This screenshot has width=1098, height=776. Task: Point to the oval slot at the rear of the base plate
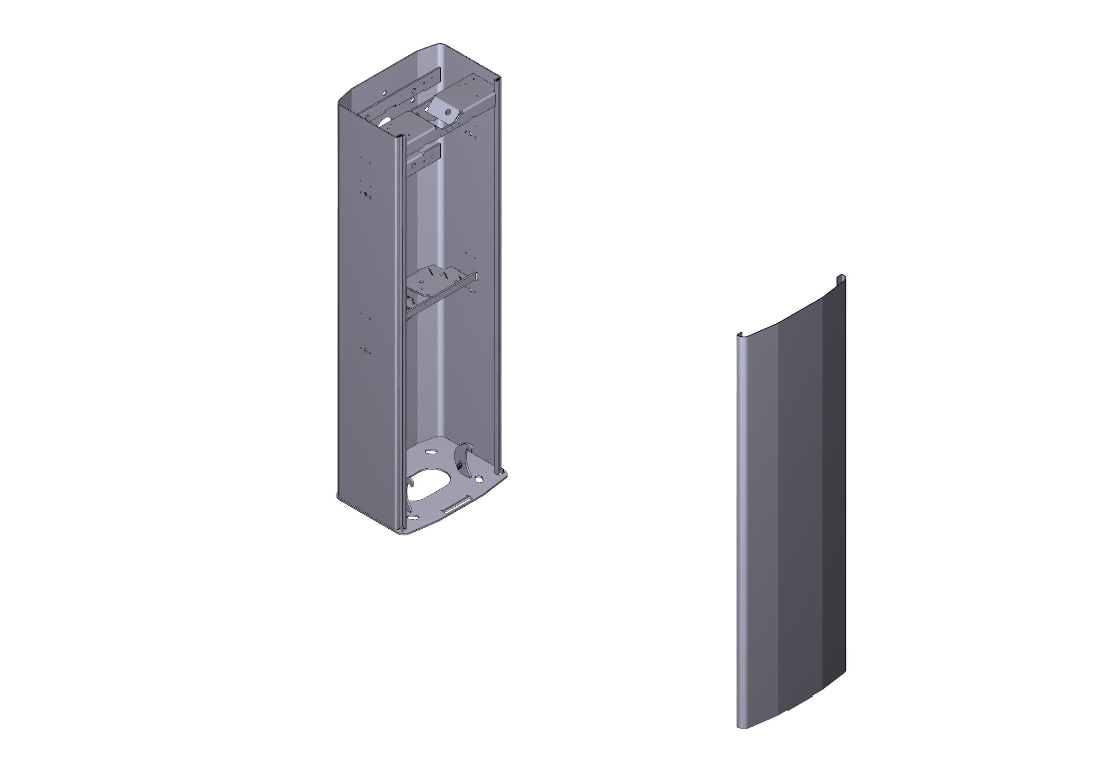(431, 451)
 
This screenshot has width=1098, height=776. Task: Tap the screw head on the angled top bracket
(448, 112)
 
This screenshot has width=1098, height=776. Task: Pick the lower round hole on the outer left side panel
(366, 351)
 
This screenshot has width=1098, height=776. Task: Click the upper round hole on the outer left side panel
(366, 195)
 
